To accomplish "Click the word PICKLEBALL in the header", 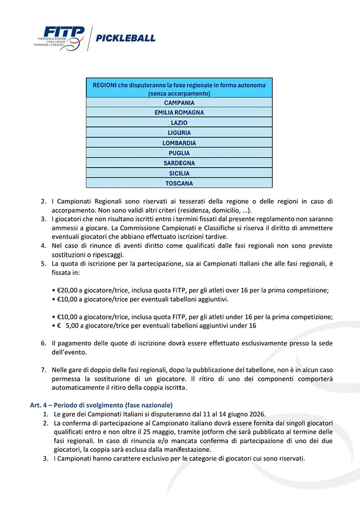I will (x=125, y=38).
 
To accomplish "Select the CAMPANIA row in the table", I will (x=179, y=103).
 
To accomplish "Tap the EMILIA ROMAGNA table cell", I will (x=179, y=113).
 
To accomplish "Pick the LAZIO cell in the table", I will (x=179, y=123).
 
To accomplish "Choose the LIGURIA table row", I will (x=179, y=133).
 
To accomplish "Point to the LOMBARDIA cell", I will (x=179, y=143).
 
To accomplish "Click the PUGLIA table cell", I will (x=179, y=153).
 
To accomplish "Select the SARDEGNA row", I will (x=179, y=163).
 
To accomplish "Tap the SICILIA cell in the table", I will (x=179, y=173).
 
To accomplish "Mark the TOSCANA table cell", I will (x=179, y=184).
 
